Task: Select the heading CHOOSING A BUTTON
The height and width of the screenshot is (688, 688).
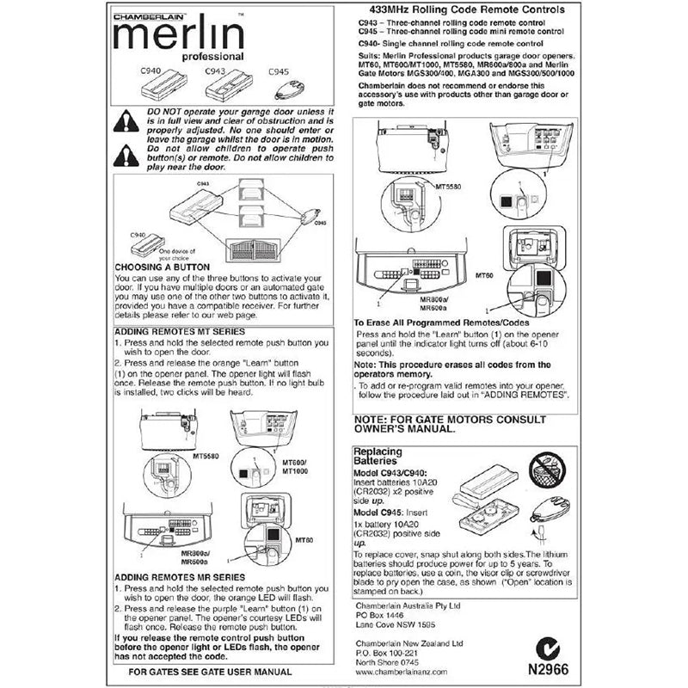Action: tap(163, 267)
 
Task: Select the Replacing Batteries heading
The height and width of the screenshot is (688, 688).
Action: tap(384, 457)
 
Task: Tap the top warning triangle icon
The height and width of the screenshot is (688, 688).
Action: tap(127, 121)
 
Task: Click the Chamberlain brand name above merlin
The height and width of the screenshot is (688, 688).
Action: tap(148, 13)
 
